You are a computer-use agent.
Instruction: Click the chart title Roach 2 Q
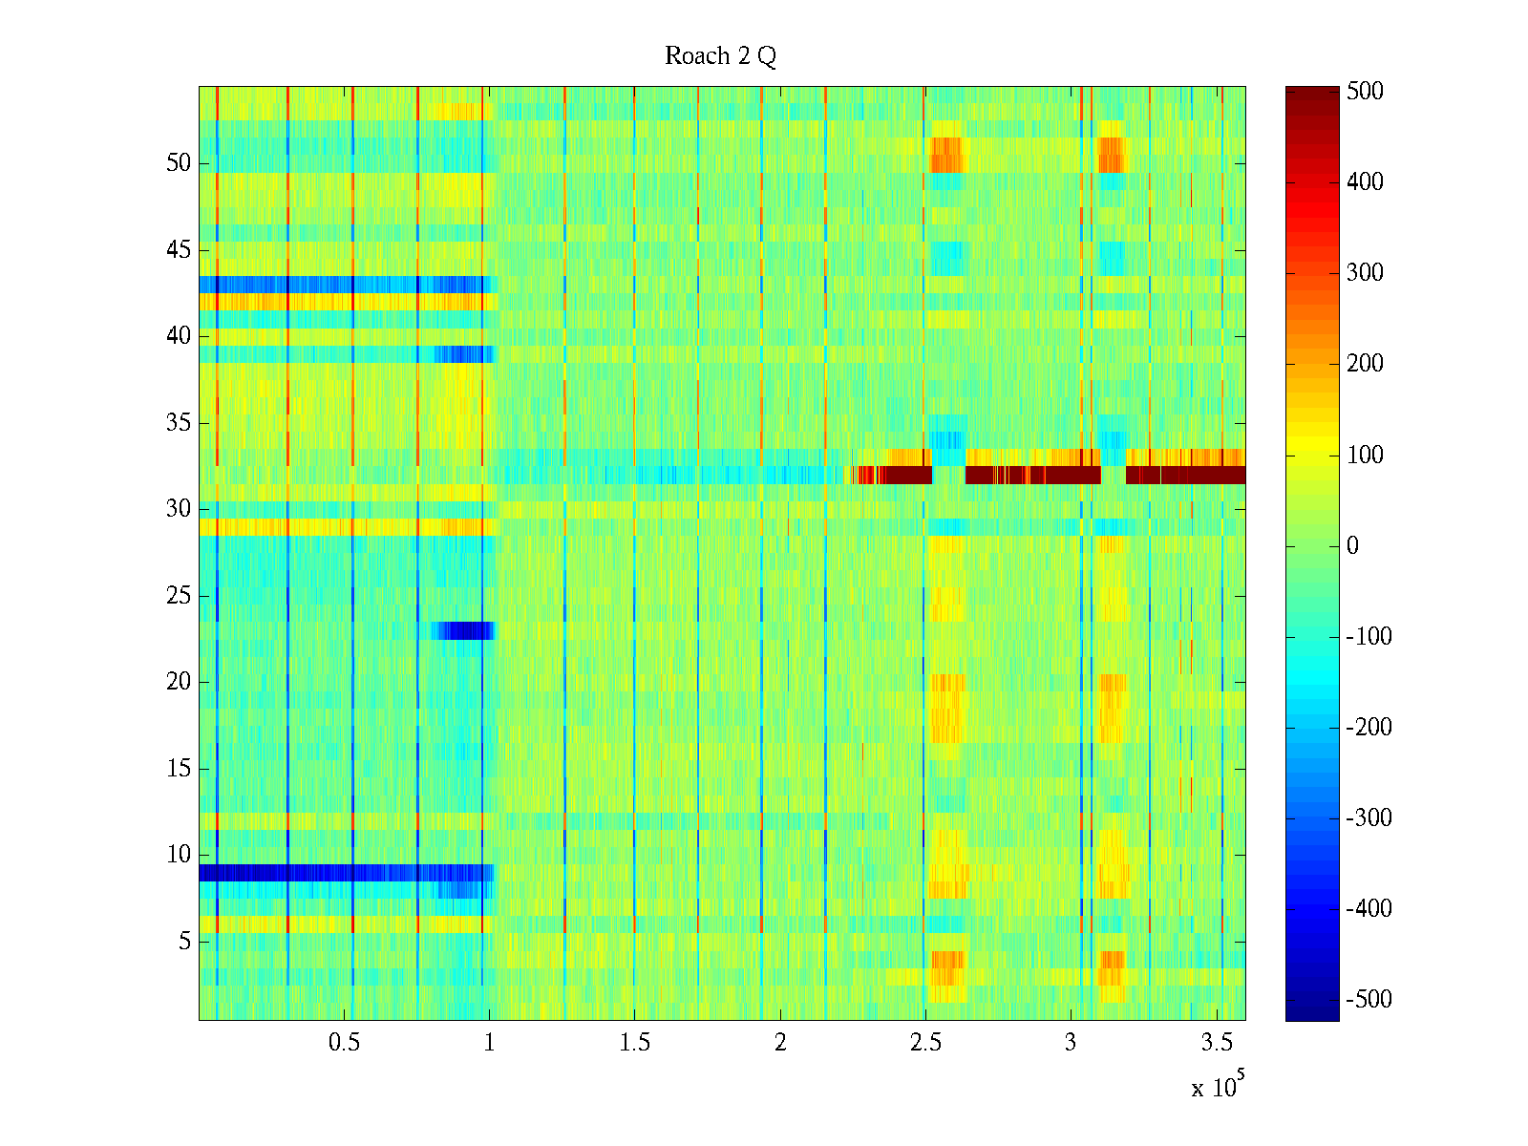coord(720,56)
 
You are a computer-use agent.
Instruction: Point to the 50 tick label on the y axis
coord(179,163)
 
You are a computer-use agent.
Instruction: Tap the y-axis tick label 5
coord(184,942)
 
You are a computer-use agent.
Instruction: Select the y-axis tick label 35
coord(179,423)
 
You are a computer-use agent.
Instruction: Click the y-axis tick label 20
coord(179,682)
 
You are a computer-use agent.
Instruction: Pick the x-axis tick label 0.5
coord(344,1043)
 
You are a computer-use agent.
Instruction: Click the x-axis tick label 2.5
coord(925,1043)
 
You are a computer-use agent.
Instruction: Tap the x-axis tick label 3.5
coord(1216,1043)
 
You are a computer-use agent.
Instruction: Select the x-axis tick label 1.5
coord(634,1043)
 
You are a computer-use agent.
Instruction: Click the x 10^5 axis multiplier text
coord(1218,1086)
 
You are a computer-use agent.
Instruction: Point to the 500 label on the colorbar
coord(1365,92)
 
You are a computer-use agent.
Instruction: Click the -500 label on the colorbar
coord(1369,1000)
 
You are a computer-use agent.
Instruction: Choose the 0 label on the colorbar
coord(1352,546)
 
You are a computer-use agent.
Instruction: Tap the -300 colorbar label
coord(1369,818)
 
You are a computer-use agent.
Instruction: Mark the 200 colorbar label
coord(1365,364)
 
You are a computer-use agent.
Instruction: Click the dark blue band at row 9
coord(344,873)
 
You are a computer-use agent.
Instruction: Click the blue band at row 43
coord(344,285)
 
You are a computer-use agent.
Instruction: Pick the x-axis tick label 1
coord(489,1043)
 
